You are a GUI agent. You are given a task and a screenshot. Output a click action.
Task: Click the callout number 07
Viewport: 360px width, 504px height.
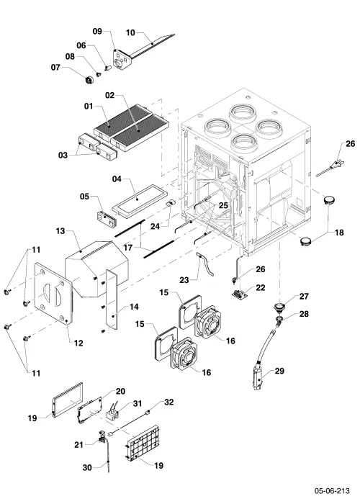(55, 68)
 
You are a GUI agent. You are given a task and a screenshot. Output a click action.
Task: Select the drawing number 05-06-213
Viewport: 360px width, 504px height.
(332, 491)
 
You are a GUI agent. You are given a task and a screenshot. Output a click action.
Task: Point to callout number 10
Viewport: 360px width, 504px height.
(130, 33)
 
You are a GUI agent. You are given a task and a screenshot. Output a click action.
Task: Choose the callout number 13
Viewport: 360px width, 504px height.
(60, 231)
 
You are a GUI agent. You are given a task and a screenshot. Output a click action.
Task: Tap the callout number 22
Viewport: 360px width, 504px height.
(260, 287)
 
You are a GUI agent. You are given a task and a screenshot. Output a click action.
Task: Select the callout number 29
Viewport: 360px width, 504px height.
(279, 371)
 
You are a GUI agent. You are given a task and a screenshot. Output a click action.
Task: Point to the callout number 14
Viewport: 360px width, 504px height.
(134, 307)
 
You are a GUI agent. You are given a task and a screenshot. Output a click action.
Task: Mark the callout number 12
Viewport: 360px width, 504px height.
(78, 343)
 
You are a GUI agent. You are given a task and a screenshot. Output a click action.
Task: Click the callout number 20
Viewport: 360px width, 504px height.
(120, 392)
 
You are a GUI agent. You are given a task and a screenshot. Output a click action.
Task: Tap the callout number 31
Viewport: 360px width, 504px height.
(138, 403)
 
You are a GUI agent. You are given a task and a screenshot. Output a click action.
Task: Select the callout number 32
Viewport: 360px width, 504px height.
(168, 402)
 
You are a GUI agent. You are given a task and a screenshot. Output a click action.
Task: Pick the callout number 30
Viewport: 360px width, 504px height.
(87, 467)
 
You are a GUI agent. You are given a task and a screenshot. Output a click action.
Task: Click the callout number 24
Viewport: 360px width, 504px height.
(155, 227)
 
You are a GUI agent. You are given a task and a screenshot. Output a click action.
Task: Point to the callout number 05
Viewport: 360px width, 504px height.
(84, 196)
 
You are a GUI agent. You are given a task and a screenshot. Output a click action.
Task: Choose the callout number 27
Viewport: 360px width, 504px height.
(304, 297)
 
